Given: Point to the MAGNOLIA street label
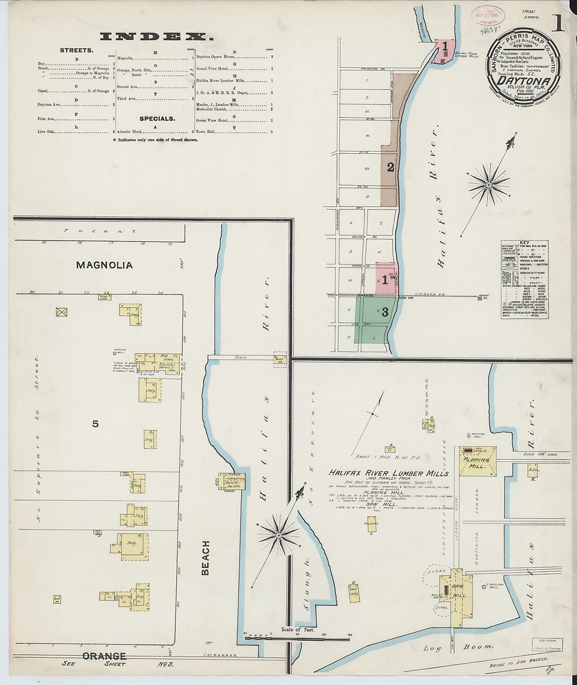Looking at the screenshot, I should tap(104, 265).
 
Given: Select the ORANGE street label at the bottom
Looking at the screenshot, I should tap(104, 656).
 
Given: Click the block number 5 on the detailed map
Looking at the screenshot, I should tap(95, 424).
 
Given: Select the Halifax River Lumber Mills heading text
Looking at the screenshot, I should tap(388, 473).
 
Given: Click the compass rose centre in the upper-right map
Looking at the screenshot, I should tap(488, 185).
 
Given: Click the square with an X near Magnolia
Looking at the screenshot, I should tap(62, 312).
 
